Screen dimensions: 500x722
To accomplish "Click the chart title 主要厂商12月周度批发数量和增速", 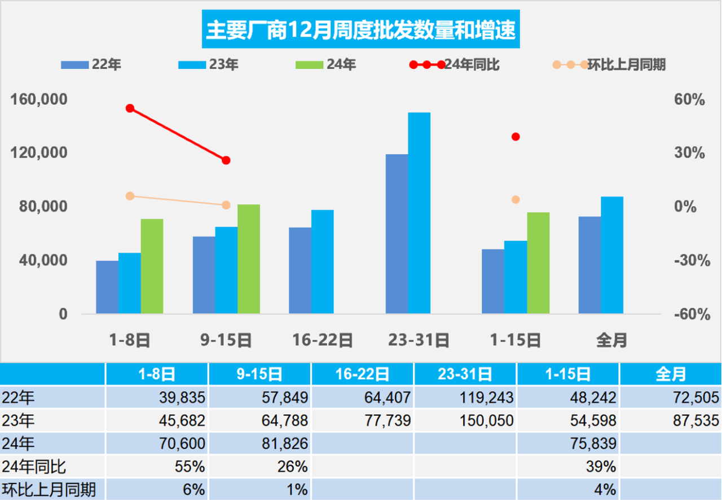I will (x=360, y=31).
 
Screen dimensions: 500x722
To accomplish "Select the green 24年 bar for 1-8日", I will (x=152, y=266).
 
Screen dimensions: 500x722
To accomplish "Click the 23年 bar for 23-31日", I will (x=419, y=213).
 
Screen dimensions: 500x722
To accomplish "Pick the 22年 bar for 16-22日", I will (x=300, y=270).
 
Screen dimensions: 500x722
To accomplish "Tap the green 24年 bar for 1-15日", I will (x=538, y=262).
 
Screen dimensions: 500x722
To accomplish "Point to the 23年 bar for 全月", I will (x=612, y=255).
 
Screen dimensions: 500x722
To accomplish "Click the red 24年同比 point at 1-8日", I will (x=130, y=108).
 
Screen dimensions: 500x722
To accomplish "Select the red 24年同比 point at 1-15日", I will (x=515, y=137).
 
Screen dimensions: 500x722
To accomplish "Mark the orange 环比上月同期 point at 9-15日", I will (x=226, y=205).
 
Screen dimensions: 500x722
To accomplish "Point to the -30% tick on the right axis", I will (x=691, y=261).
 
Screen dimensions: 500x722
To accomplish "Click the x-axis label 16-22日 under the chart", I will (x=323, y=340).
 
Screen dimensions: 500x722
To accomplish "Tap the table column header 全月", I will (x=671, y=374).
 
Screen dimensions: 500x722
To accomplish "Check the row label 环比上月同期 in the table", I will (x=49, y=489).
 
